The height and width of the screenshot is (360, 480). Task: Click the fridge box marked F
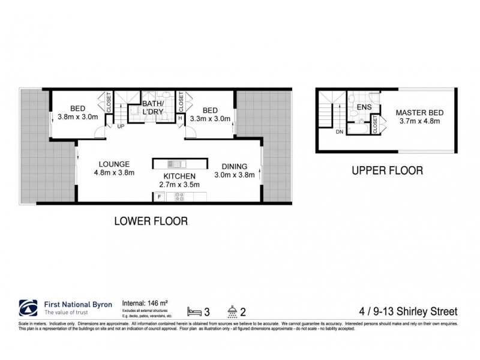159,196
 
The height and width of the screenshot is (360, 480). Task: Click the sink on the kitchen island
174,163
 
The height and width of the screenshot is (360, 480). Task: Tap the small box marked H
181,118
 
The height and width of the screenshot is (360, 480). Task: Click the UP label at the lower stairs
121,127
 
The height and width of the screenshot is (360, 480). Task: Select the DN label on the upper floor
339,131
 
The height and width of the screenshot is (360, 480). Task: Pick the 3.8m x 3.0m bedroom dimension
77,118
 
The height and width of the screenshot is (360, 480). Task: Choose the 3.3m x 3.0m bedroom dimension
209,119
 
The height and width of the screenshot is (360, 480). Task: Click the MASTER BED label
418,112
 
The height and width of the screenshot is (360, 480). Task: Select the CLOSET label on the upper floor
375,125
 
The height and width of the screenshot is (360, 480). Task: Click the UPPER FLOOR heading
387,170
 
